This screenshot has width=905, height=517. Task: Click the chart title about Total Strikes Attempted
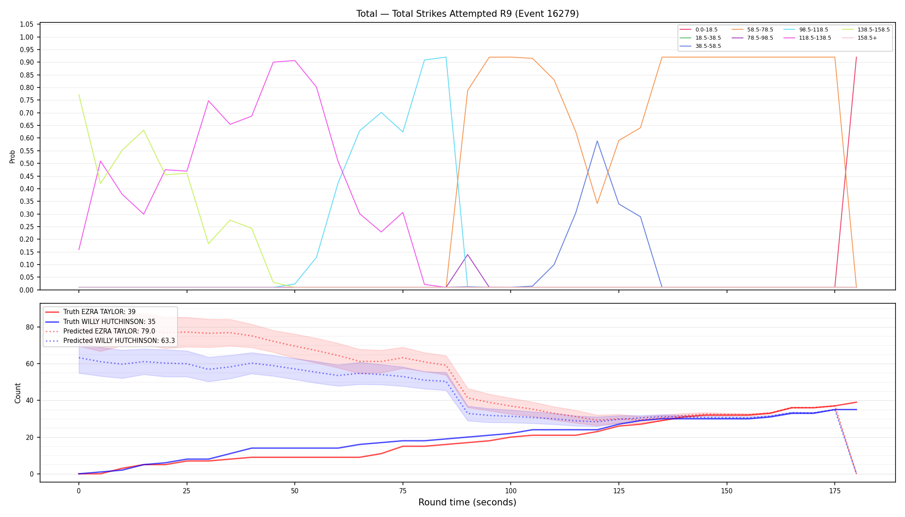coord(467,14)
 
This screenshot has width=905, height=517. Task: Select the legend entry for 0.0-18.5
coord(699,30)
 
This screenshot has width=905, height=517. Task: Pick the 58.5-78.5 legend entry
coord(752,30)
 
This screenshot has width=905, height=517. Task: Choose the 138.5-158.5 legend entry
coord(865,30)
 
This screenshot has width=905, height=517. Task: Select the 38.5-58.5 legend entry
coord(700,46)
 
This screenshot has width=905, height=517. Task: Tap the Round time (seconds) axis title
coord(467,502)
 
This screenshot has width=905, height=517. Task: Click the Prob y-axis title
coord(12,156)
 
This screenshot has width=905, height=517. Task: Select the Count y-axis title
coord(18,393)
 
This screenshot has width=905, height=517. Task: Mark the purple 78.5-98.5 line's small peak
coord(468,255)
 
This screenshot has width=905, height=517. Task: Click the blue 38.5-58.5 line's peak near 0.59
coord(597,141)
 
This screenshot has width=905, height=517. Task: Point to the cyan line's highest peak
coord(446,57)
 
